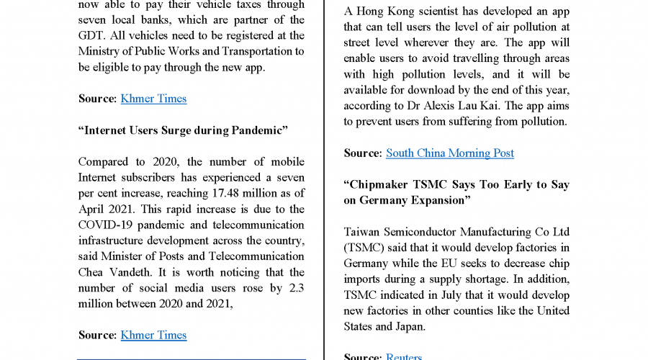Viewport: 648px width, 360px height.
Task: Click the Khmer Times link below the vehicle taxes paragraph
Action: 153,99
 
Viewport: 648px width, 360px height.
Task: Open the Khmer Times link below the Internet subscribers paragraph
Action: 153,335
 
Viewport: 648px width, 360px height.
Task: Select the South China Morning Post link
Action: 450,153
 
